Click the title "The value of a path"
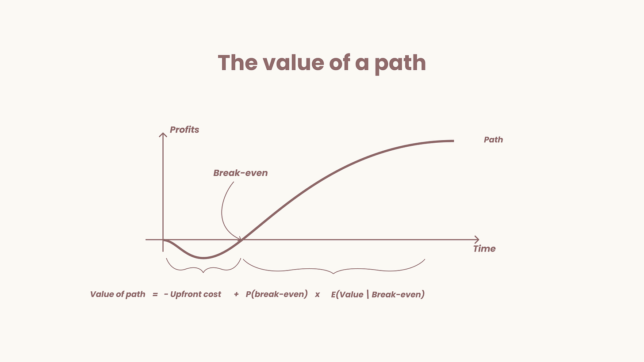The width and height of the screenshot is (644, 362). (322, 63)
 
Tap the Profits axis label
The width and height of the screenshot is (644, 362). (184, 130)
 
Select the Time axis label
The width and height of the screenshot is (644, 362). (484, 249)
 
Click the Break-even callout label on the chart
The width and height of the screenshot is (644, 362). (240, 173)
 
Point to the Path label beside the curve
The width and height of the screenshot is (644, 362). (493, 140)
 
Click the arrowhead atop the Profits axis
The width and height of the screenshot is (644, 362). (163, 134)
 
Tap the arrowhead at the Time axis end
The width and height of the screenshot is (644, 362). (476, 240)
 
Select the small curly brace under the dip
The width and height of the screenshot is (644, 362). (203, 267)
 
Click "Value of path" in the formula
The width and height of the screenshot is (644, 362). (118, 294)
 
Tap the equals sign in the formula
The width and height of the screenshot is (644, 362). (155, 294)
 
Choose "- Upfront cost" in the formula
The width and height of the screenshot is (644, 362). (192, 294)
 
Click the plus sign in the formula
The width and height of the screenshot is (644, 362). (236, 294)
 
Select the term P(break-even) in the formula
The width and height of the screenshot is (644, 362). (276, 294)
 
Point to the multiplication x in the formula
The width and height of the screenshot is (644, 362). (317, 295)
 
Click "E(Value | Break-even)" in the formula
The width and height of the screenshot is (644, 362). (378, 294)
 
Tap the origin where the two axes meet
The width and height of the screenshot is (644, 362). (163, 240)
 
